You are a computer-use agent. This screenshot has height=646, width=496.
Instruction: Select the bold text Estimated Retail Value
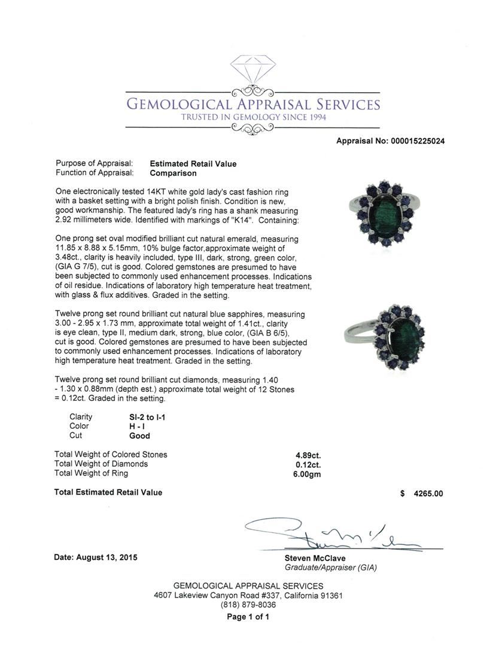pyautogui.click(x=193, y=164)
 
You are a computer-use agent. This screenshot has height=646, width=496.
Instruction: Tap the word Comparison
pyautogui.click(x=173, y=173)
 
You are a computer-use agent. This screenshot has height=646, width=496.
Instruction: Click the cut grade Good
pyautogui.click(x=139, y=436)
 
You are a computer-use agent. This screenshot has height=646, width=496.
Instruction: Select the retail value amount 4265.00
pyautogui.click(x=428, y=494)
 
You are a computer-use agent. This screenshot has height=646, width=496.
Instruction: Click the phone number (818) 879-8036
pyautogui.click(x=248, y=605)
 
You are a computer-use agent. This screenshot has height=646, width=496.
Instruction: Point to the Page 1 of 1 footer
pyautogui.click(x=248, y=617)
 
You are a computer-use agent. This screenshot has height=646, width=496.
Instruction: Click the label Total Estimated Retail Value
pyautogui.click(x=108, y=493)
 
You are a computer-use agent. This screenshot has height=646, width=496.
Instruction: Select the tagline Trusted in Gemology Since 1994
pyautogui.click(x=254, y=118)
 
